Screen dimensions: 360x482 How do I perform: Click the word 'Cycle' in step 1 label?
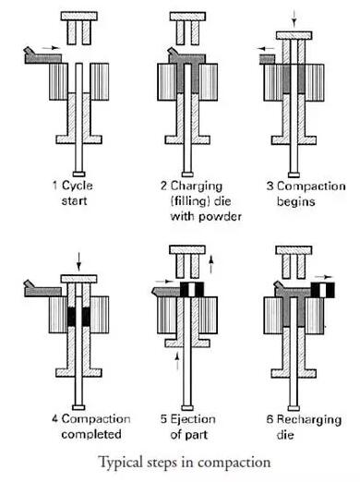[77, 186]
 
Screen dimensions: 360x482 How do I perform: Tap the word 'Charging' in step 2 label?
[197, 187]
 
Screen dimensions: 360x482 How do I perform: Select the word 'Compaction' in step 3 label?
[311, 187]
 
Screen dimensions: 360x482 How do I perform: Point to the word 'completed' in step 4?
[91, 434]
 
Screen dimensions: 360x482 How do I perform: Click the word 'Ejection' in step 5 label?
[193, 419]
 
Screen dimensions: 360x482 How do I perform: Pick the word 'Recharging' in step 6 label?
[309, 419]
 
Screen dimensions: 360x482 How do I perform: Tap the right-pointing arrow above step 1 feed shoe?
[51, 48]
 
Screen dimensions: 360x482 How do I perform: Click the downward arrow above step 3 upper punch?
[294, 18]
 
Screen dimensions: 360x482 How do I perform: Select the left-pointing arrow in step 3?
[266, 48]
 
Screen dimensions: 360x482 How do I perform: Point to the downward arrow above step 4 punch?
[79, 262]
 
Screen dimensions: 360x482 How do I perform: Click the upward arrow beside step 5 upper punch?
[210, 265]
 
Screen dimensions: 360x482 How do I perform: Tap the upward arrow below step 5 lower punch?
[177, 361]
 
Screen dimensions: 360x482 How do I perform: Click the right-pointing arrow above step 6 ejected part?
[324, 277]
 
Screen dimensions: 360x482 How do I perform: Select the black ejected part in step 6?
[323, 290]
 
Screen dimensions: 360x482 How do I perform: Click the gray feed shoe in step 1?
[42, 56]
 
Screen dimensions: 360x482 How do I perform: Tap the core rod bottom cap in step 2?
[187, 175]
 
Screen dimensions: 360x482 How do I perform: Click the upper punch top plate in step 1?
[79, 16]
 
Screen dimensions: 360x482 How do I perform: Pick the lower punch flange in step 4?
[78, 373]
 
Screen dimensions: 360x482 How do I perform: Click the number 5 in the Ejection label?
[163, 419]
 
